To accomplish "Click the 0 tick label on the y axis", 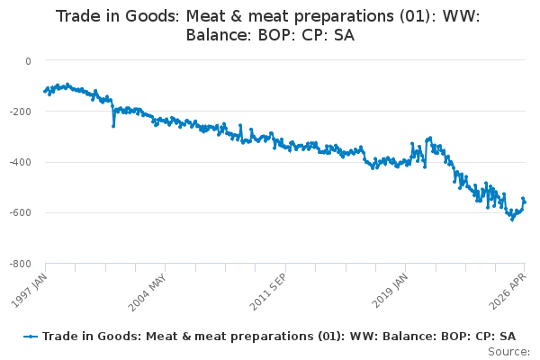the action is point(28,61).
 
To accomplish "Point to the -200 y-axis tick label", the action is point(21,112).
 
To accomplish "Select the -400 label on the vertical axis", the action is point(21,162).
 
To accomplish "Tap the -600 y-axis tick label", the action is point(21,213).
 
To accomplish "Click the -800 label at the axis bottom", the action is point(21,264).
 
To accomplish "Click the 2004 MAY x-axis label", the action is point(148,292).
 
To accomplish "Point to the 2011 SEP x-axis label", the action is point(267,292).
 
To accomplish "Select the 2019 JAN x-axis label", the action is point(390,291).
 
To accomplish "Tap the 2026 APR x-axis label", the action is point(508,292).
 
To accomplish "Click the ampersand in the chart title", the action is point(237,16).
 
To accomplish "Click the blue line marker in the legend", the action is point(31,337).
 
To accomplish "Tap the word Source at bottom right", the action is point(508,352).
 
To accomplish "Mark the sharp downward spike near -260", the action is point(113,126).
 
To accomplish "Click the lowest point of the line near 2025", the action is point(512,220).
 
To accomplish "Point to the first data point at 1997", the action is point(45,91).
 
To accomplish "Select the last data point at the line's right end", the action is point(525,202).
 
